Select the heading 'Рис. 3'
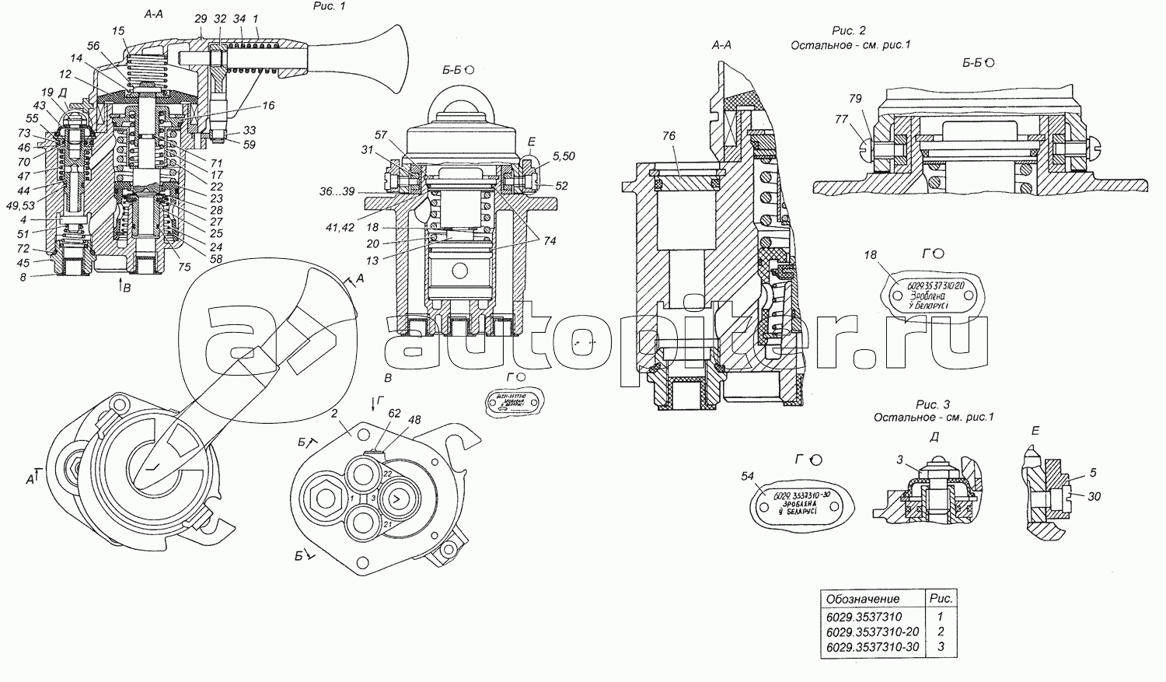[933, 404]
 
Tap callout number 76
[668, 136]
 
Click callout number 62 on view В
[395, 414]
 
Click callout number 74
[549, 241]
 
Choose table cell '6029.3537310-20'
[871, 631]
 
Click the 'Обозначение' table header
[863, 599]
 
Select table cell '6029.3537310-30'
[871, 647]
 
